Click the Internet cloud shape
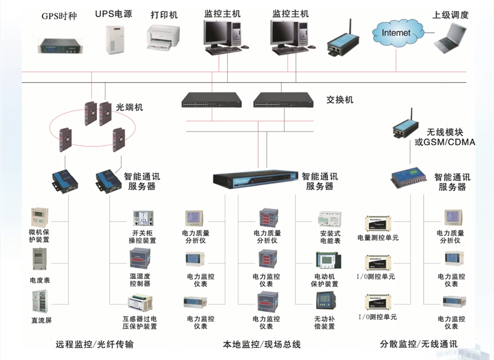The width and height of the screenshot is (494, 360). (396, 33)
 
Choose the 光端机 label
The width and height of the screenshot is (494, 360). (130, 107)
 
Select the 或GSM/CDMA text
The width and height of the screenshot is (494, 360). (445, 142)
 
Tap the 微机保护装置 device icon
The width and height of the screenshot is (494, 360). (40, 218)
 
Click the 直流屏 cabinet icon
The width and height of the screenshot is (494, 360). (39, 303)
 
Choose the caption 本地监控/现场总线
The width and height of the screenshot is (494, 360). (261, 344)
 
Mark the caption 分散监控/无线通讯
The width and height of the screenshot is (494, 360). (419, 344)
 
